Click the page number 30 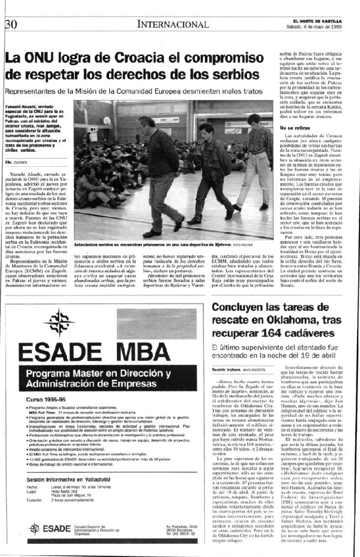coord(11,23)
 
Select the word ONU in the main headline coord(43,58)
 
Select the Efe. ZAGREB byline coord(17,162)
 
